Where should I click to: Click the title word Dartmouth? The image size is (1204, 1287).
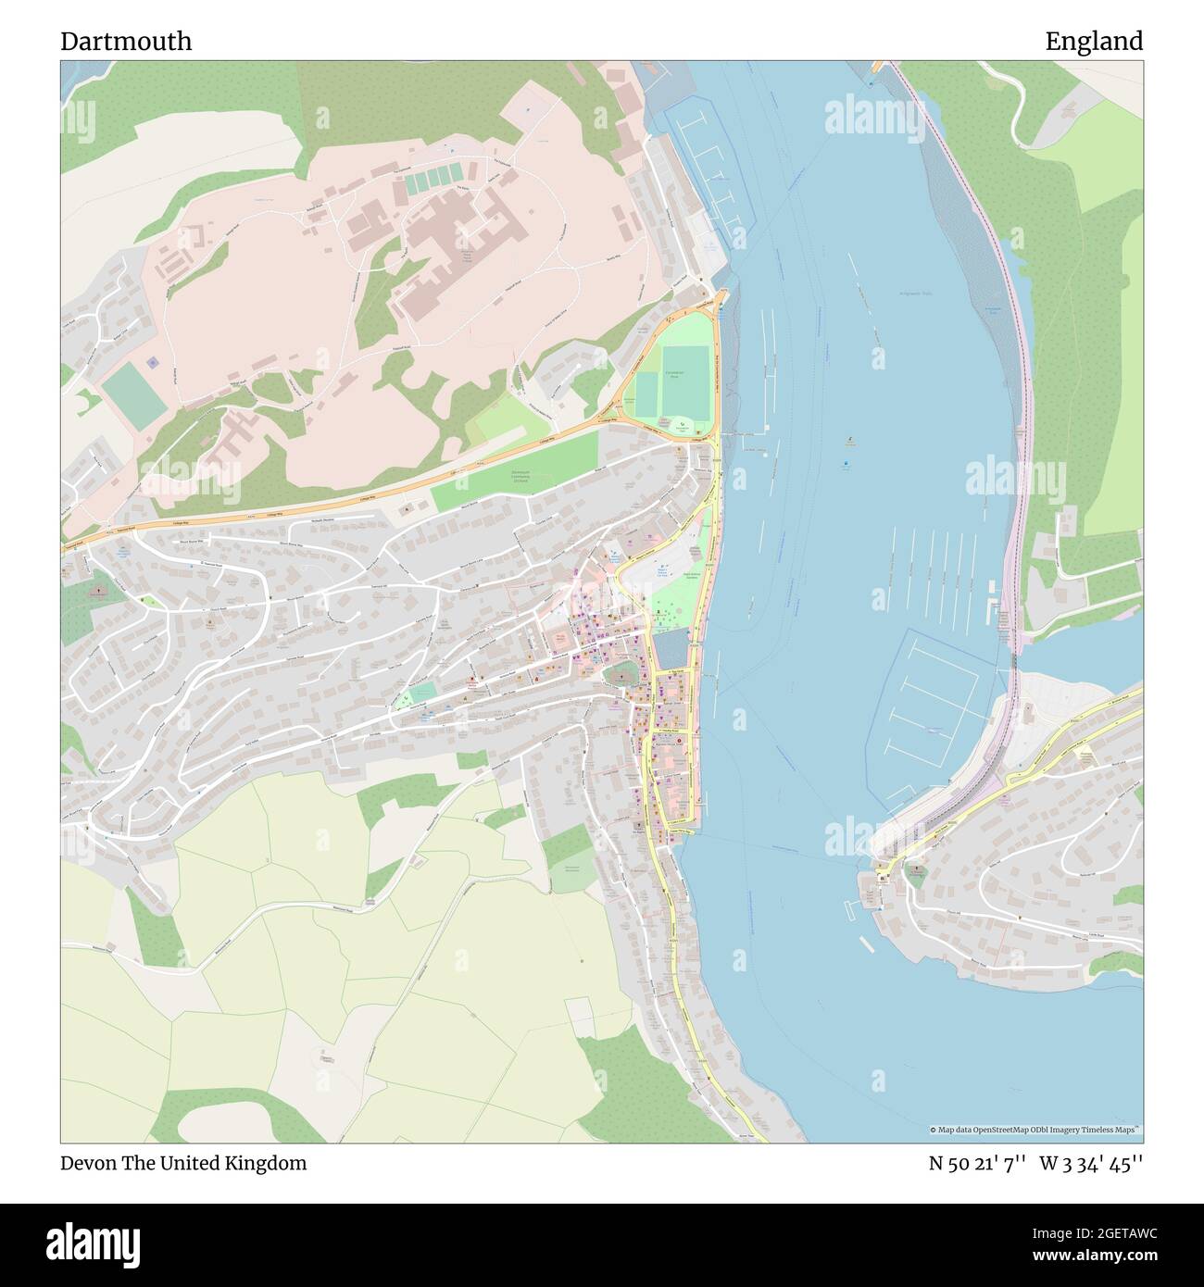127,41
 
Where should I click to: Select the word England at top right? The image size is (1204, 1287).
1094,41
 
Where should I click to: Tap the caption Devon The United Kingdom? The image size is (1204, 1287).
183,1163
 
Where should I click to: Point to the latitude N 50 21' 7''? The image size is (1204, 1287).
976,1163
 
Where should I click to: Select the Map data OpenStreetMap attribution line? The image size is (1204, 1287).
1034,1130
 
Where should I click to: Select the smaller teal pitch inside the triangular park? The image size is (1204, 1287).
646,394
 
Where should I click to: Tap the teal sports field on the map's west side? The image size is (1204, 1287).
132,396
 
